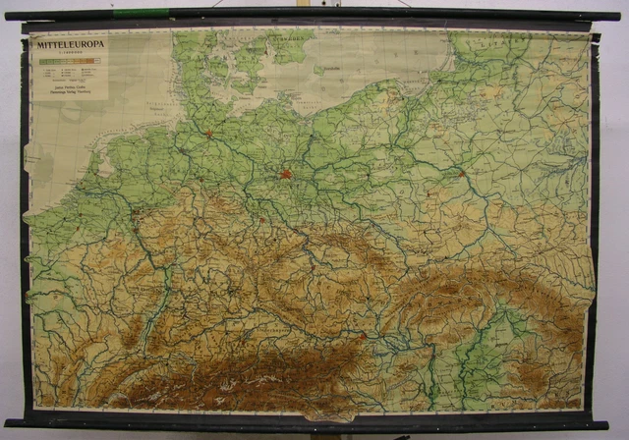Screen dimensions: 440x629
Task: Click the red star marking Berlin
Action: coord(285,175)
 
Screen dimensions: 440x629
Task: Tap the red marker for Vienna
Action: coord(364,335)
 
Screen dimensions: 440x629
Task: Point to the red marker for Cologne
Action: coord(136,209)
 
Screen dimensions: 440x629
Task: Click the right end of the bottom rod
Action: coord(601,424)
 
